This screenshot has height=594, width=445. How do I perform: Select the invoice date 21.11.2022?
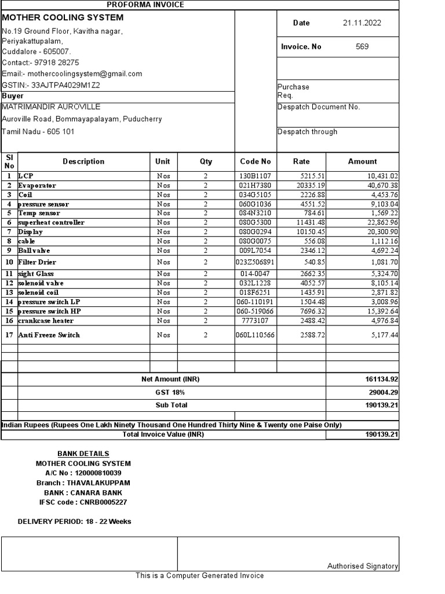click(x=362, y=23)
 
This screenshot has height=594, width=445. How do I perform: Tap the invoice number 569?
click(x=362, y=46)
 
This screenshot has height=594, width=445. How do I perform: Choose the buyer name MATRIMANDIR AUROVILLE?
click(x=51, y=107)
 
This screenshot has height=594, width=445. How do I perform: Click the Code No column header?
click(x=255, y=162)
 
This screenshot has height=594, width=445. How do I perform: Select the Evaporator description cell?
click(x=37, y=186)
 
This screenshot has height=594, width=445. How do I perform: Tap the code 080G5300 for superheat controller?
click(x=255, y=223)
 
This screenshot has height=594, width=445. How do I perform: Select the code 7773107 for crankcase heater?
click(x=255, y=321)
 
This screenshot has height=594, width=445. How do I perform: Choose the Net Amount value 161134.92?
click(x=378, y=379)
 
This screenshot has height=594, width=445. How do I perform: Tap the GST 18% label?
click(x=171, y=393)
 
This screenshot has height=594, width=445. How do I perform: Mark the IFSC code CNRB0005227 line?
click(x=83, y=502)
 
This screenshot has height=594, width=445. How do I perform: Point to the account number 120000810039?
click(x=83, y=473)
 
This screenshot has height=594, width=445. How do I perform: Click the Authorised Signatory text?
click(x=363, y=566)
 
